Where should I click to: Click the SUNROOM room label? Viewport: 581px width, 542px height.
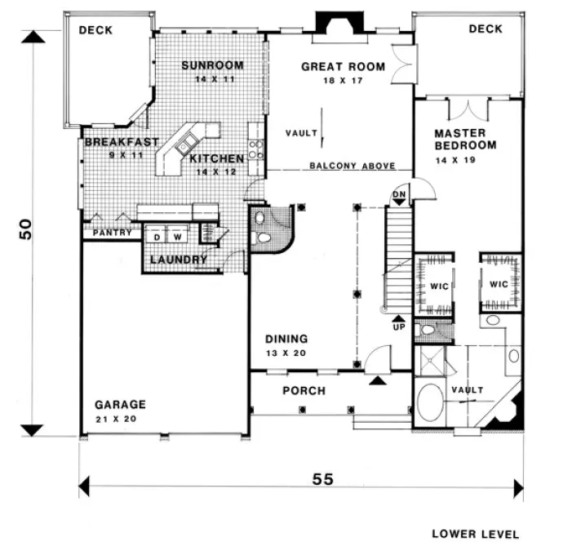pos(213,65)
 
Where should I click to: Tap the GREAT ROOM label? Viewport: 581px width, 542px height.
pos(343,67)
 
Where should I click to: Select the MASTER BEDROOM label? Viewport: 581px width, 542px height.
pos(464,139)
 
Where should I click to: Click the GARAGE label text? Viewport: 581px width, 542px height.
pos(120,404)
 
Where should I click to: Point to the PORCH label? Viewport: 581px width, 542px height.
pos(304,391)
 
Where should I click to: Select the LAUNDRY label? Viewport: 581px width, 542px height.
pos(176,260)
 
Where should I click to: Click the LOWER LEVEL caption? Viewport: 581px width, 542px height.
pos(475,534)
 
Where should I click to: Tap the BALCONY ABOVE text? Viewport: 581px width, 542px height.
pos(352,166)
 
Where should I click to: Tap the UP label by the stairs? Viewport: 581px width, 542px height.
pos(398,324)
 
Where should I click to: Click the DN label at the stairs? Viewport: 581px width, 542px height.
pos(399,193)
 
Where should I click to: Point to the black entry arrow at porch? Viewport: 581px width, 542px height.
pos(377,380)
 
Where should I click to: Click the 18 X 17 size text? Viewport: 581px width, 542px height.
pos(343,80)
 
